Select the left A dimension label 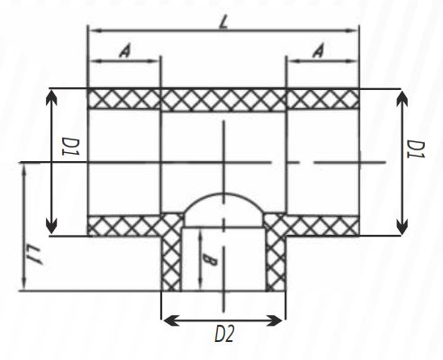(124, 52)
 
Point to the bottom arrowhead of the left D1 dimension (51, 229)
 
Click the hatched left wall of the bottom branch (171, 261)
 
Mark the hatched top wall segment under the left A (123, 98)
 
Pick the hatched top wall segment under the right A (322, 98)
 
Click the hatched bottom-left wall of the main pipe (123, 226)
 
